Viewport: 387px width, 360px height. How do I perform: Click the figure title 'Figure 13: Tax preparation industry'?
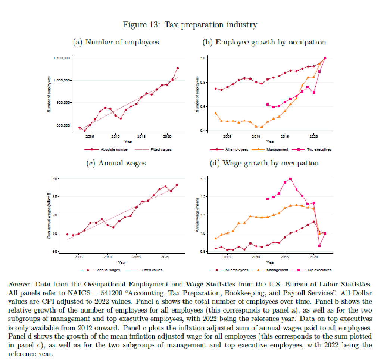click(190, 25)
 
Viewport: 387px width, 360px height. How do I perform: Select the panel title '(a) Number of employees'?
click(116, 42)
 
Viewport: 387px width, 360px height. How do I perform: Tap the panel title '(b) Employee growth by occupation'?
click(264, 42)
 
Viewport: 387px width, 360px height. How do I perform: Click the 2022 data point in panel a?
click(178, 68)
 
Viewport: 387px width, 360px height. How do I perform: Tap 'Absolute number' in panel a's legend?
click(115, 149)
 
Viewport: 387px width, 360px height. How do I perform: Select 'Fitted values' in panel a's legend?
click(161, 149)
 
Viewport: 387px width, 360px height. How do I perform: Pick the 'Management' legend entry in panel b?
click(278, 149)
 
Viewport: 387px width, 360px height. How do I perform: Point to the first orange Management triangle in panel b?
click(216, 113)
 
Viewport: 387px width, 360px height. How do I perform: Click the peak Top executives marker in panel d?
click(291, 179)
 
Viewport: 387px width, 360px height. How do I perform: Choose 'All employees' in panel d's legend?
click(237, 270)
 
